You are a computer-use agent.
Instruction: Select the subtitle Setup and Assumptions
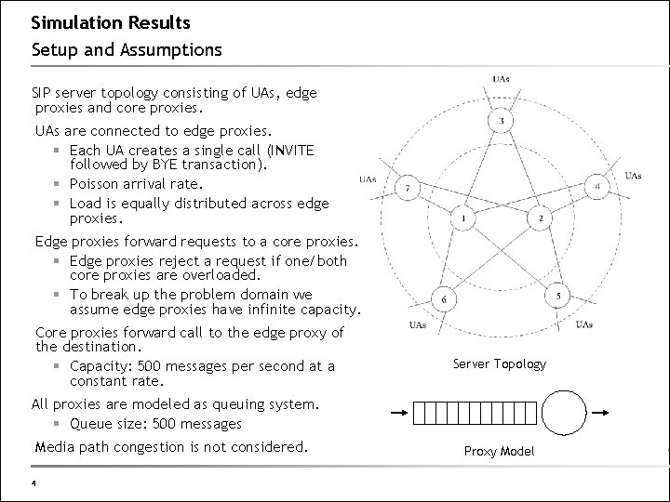[x=127, y=48]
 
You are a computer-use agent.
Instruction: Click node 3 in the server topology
[x=502, y=122]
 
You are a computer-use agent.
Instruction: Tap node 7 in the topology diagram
[x=406, y=188]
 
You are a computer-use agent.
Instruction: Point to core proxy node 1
[x=462, y=218]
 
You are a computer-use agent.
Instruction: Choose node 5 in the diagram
[x=558, y=296]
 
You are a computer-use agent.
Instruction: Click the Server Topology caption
[x=500, y=363]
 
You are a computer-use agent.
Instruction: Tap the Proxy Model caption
[x=501, y=452]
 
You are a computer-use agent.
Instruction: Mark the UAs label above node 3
[x=501, y=78]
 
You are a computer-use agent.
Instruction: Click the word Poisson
[x=97, y=184]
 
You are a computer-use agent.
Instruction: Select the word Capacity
[x=100, y=365]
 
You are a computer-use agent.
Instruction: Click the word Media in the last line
[x=53, y=447]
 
